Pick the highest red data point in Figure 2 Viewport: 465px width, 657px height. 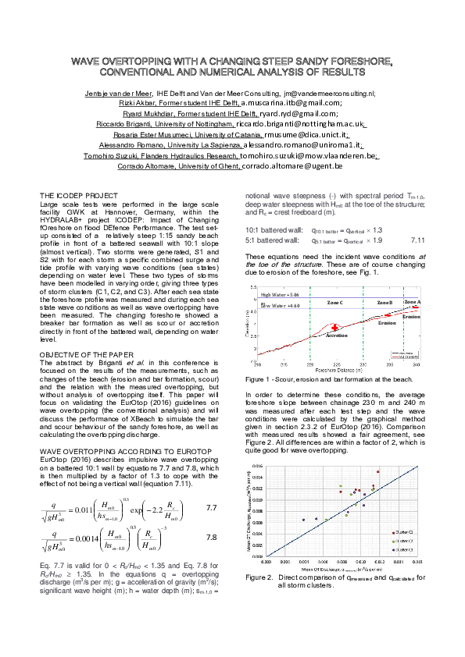tap(377, 472)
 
